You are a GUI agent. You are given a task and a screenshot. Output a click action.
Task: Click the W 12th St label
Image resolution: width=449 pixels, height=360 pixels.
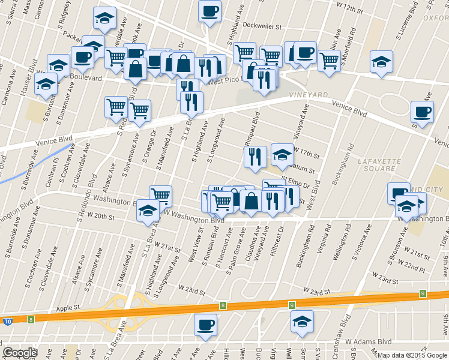point(350,8)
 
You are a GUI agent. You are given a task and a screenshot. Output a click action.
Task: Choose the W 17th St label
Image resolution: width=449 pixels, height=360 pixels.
point(307,154)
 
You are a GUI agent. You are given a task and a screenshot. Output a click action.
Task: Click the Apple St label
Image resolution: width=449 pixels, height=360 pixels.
point(68,308)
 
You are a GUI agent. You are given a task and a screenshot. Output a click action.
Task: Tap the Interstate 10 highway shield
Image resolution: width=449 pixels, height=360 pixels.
point(7,322)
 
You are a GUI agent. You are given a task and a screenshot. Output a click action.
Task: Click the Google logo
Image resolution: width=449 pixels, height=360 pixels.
point(20,353)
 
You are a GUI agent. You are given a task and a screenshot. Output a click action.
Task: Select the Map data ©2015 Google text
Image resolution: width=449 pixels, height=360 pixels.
point(412,355)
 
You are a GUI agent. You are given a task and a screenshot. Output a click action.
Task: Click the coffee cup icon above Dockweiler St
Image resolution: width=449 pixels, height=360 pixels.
point(210,11)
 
